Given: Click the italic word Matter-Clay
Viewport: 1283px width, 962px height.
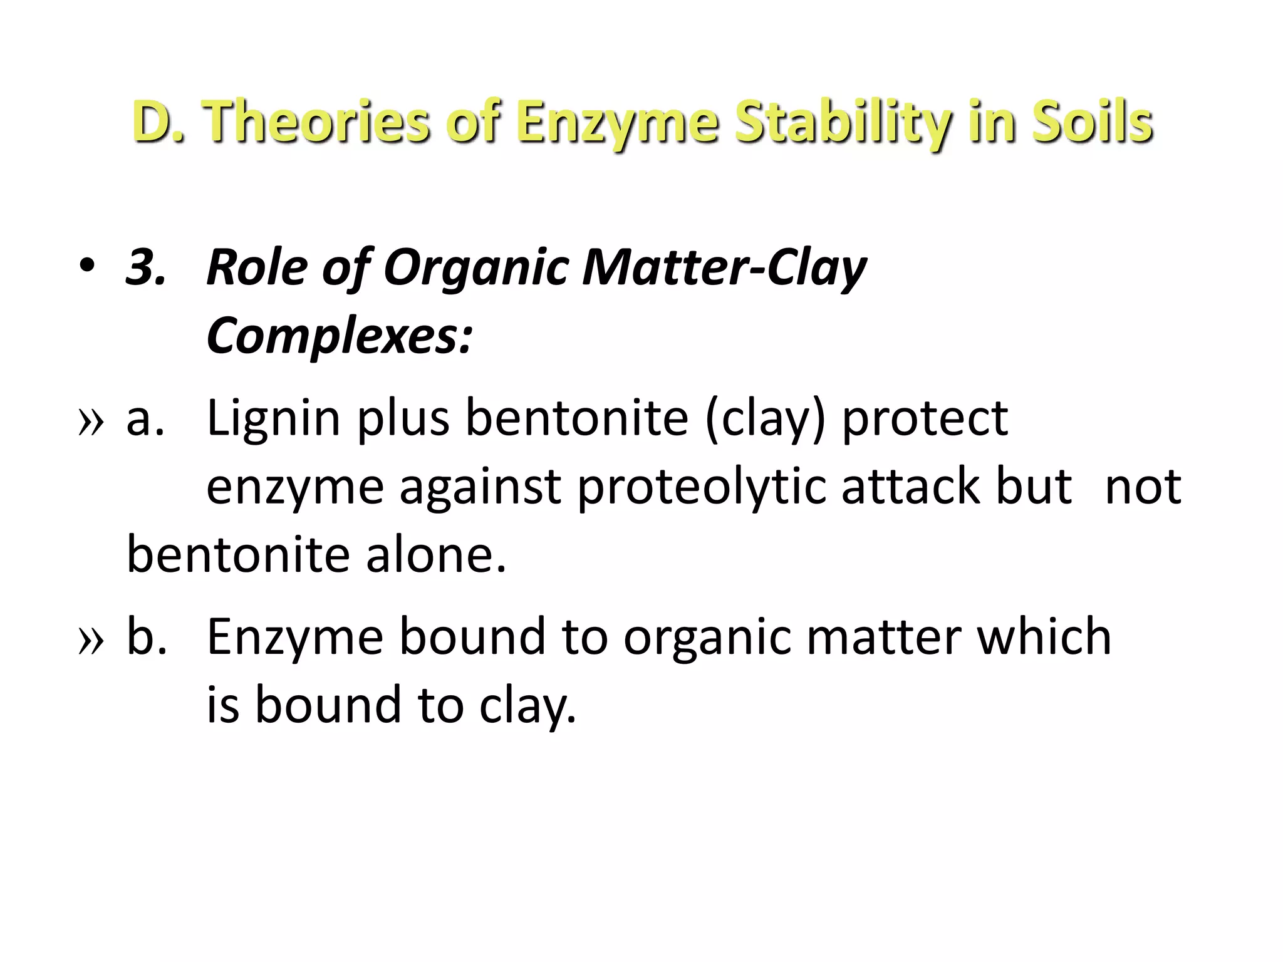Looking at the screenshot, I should coord(724,268).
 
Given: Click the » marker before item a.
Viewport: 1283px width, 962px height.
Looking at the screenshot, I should coord(90,421).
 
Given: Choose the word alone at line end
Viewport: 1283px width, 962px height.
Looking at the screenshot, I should coord(436,556).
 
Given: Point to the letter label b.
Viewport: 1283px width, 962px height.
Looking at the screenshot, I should coord(145,638).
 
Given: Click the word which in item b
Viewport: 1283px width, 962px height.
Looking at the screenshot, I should coord(1044,637).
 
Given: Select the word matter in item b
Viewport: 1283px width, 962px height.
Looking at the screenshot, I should coord(883,638).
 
